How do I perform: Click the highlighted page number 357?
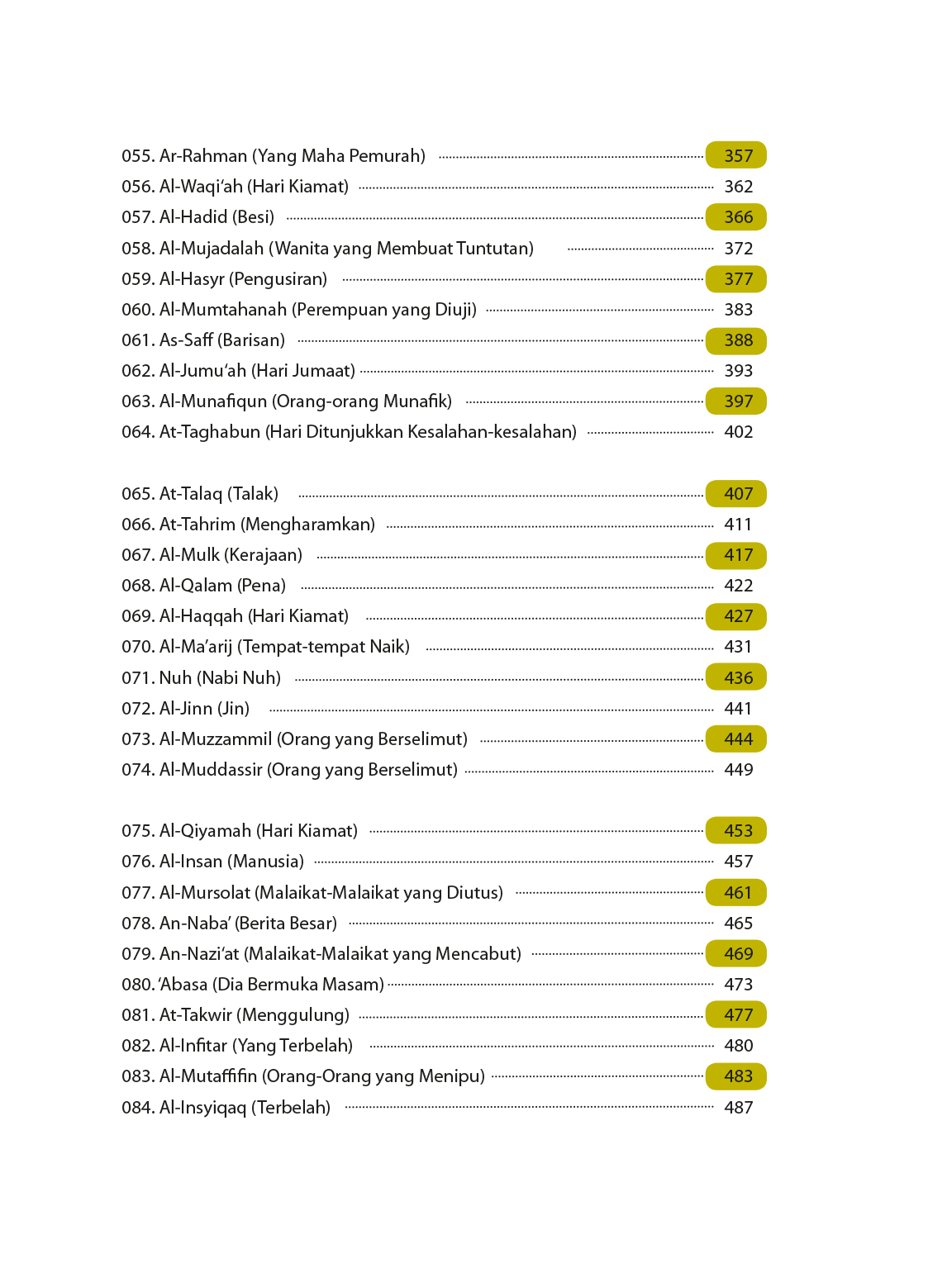pos(737,155)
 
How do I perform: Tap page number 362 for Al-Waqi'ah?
pos(738,187)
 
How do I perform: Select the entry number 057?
pos(137,217)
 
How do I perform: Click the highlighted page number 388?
pos(737,340)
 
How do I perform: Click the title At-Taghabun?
pos(209,432)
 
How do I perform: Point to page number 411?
pos(738,525)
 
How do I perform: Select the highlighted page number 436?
pos(737,678)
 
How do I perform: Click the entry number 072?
pos(137,709)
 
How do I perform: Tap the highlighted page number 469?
pos(737,954)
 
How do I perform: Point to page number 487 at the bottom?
pos(738,1108)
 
